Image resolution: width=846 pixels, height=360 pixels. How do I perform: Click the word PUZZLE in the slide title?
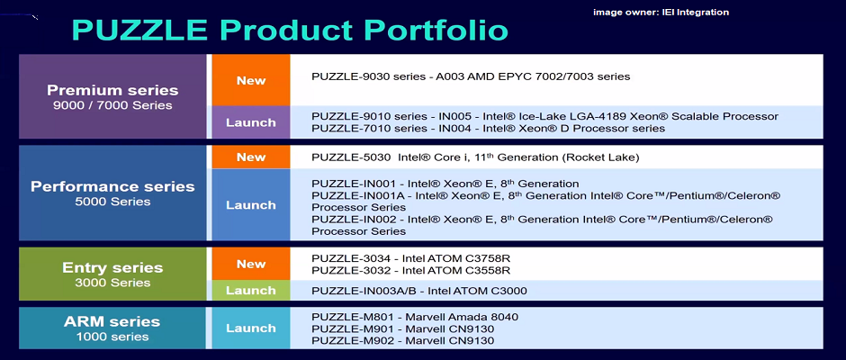pyautogui.click(x=139, y=31)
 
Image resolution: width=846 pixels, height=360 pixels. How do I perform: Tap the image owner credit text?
pyautogui.click(x=661, y=12)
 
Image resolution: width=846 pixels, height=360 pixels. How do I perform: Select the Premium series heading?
pyautogui.click(x=112, y=90)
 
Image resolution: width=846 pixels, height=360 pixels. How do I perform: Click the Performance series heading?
pyautogui.click(x=112, y=186)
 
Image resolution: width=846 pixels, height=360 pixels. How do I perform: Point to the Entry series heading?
pyautogui.click(x=112, y=267)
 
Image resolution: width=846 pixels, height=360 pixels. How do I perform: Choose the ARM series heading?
pyautogui.click(x=112, y=321)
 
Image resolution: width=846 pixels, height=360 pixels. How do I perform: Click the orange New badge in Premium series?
pyautogui.click(x=251, y=80)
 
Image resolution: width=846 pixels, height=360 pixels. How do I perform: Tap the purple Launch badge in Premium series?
pyautogui.click(x=251, y=122)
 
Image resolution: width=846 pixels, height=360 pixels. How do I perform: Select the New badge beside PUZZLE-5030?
pyautogui.click(x=251, y=157)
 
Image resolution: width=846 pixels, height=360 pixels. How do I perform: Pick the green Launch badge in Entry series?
pyautogui.click(x=251, y=291)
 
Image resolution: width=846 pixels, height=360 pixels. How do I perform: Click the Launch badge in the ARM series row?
pyautogui.click(x=251, y=328)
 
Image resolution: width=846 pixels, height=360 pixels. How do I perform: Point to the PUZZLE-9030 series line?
pyautogui.click(x=471, y=76)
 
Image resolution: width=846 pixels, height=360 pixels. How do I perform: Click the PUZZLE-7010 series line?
pyautogui.click(x=489, y=129)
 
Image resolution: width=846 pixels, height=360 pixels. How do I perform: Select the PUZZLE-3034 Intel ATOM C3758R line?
pyautogui.click(x=411, y=258)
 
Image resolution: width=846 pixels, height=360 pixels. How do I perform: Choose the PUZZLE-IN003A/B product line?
pyautogui.click(x=419, y=292)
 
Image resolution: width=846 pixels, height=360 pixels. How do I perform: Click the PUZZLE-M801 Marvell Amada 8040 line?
pyautogui.click(x=415, y=317)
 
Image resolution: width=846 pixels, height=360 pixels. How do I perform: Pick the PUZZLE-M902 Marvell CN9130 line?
pyautogui.click(x=403, y=340)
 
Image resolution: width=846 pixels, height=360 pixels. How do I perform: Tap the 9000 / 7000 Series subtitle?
pyautogui.click(x=112, y=105)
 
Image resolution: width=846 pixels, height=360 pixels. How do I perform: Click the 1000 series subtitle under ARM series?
pyautogui.click(x=112, y=337)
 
